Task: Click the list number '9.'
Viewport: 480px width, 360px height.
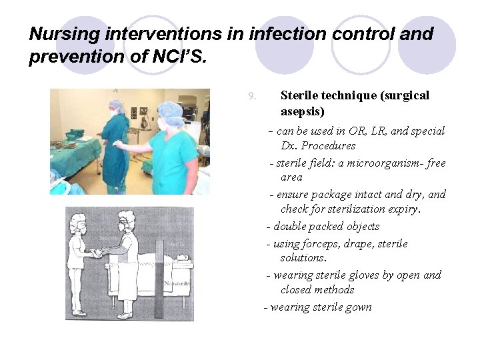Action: pyautogui.click(x=252, y=96)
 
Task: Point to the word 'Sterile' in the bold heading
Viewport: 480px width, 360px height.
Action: pyautogui.click(x=303, y=95)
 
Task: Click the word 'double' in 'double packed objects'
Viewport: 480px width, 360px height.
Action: pyautogui.click(x=291, y=227)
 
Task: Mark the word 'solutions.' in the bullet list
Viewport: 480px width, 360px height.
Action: pyautogui.click(x=304, y=258)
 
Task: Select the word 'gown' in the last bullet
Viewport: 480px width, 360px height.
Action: pyautogui.click(x=359, y=307)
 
